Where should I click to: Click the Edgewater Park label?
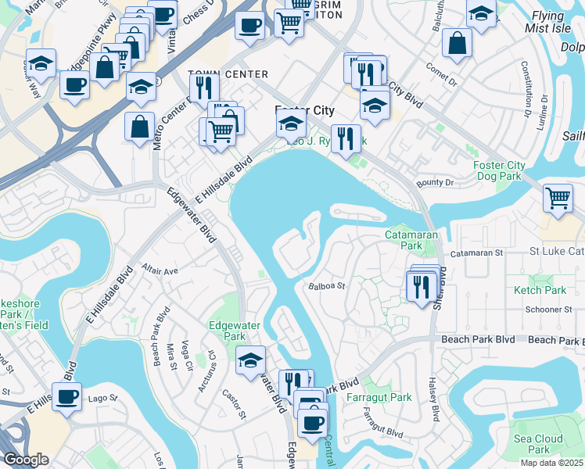[x=228, y=331]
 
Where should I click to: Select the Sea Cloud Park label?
[x=538, y=444]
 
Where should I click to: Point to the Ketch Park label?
[x=540, y=290]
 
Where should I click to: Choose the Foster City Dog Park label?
[x=500, y=170]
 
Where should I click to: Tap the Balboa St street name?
[x=327, y=286]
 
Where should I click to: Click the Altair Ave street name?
[x=160, y=270]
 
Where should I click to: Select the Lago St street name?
[x=102, y=398]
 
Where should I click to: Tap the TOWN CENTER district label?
[x=228, y=74]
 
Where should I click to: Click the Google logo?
[x=26, y=460]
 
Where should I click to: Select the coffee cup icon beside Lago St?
[x=66, y=396]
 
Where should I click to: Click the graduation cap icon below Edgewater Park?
[x=250, y=360]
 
